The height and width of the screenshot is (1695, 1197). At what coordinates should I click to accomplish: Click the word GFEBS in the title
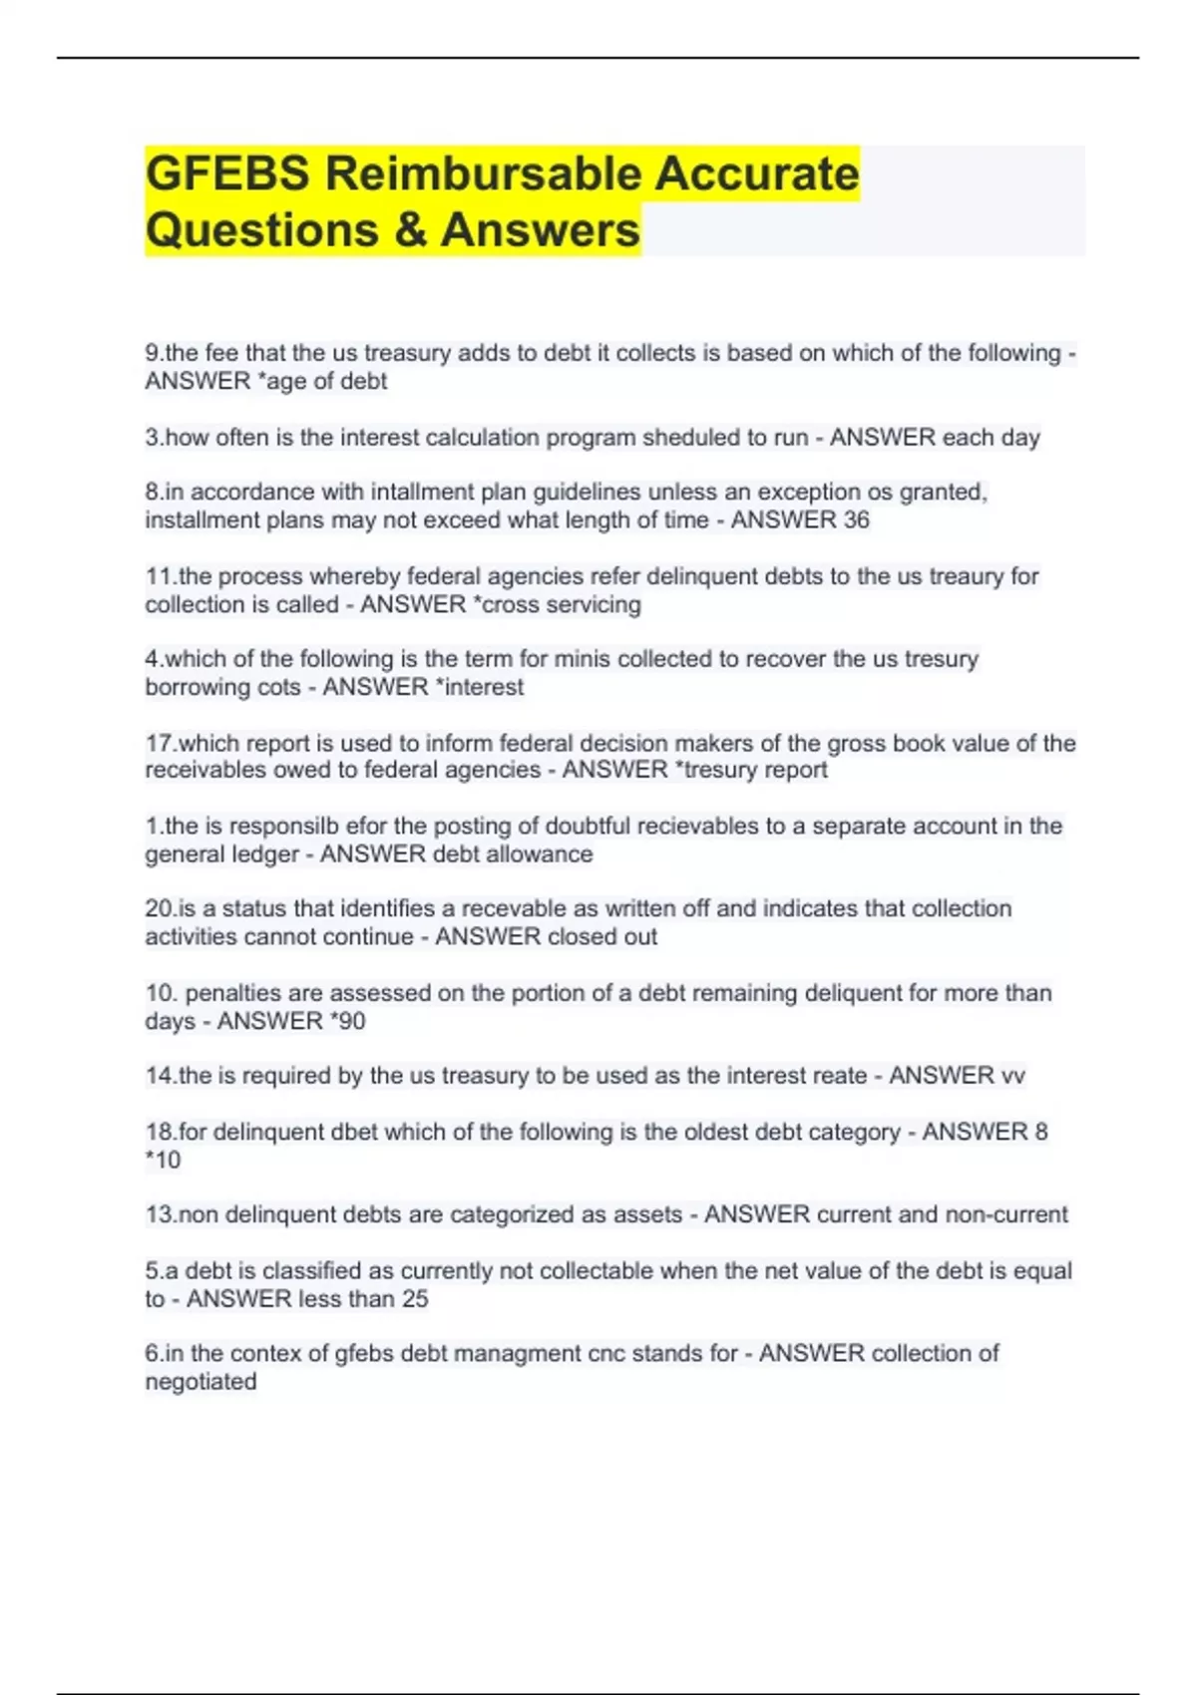(x=227, y=174)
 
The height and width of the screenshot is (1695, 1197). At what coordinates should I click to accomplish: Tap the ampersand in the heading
(x=410, y=230)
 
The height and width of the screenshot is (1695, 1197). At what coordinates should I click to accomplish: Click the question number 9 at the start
(x=152, y=353)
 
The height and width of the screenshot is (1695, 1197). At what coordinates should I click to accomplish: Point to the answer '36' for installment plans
(x=856, y=520)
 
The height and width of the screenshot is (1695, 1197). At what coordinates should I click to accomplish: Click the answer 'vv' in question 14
(x=1012, y=1077)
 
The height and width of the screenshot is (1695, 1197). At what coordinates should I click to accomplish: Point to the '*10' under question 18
(x=163, y=1161)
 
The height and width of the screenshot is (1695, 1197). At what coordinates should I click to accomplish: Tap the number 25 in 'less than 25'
(x=415, y=1300)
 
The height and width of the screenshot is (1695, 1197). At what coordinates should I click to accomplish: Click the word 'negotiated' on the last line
(x=200, y=1383)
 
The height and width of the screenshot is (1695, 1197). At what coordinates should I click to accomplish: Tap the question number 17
(x=159, y=744)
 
